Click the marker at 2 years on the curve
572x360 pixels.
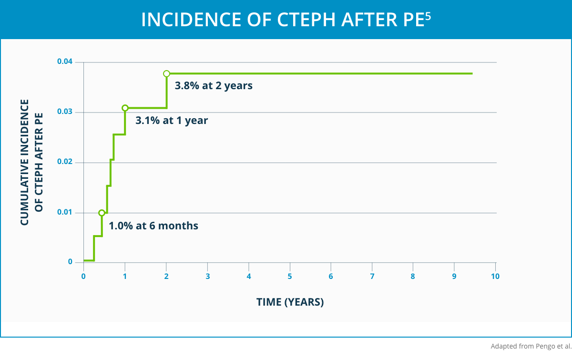point(166,73)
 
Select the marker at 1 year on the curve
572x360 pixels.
point(125,108)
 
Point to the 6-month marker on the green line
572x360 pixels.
point(102,213)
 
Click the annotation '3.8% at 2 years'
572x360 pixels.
point(213,86)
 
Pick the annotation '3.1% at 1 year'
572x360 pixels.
point(172,121)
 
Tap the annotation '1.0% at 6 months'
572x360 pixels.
point(153,226)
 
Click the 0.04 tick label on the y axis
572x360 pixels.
point(64,62)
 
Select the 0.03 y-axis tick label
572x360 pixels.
point(64,112)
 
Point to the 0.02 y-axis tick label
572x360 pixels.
point(64,163)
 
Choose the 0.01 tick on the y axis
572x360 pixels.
point(64,213)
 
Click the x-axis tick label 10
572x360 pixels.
point(496,277)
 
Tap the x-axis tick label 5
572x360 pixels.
point(290,277)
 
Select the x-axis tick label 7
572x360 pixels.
point(372,277)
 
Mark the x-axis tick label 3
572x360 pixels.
point(207,277)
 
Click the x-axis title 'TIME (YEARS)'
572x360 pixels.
point(290,302)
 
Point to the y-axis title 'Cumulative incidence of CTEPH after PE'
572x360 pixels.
point(31,162)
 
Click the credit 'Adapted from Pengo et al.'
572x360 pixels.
point(531,346)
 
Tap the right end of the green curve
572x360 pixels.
point(472,73)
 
